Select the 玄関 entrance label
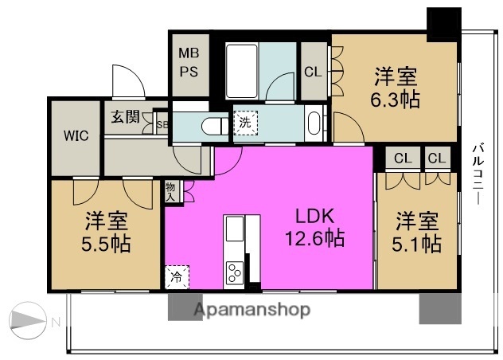point(125,118)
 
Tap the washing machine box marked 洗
point(244,123)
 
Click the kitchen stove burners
point(236,273)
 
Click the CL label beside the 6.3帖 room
point(314,72)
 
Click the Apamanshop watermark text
point(250,311)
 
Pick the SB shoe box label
point(162,125)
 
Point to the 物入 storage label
point(171,190)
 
